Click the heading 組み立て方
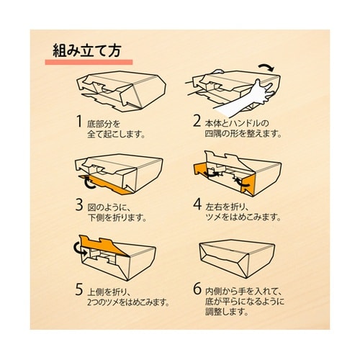pos(86,50)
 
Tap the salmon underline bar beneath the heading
pos(89,62)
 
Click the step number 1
pos(79,121)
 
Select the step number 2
pos(197,121)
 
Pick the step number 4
pos(197,204)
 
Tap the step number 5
pos(79,289)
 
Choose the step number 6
pos(197,289)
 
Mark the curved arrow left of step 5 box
pos(80,249)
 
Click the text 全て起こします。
pos(116,135)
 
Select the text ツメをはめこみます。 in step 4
pos(243,217)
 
